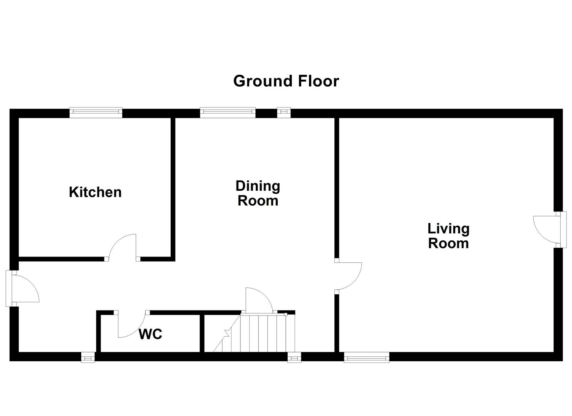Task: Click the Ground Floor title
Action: [286, 81]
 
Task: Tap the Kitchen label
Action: [95, 192]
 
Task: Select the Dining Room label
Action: [258, 193]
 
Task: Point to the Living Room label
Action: [448, 236]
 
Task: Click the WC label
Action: [150, 334]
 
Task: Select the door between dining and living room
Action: [348, 276]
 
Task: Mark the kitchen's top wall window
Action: [96, 112]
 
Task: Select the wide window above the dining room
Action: [227, 112]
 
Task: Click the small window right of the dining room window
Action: [284, 112]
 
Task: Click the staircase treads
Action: [262, 333]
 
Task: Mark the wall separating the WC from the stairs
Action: [202, 333]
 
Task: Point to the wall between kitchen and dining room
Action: [173, 189]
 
